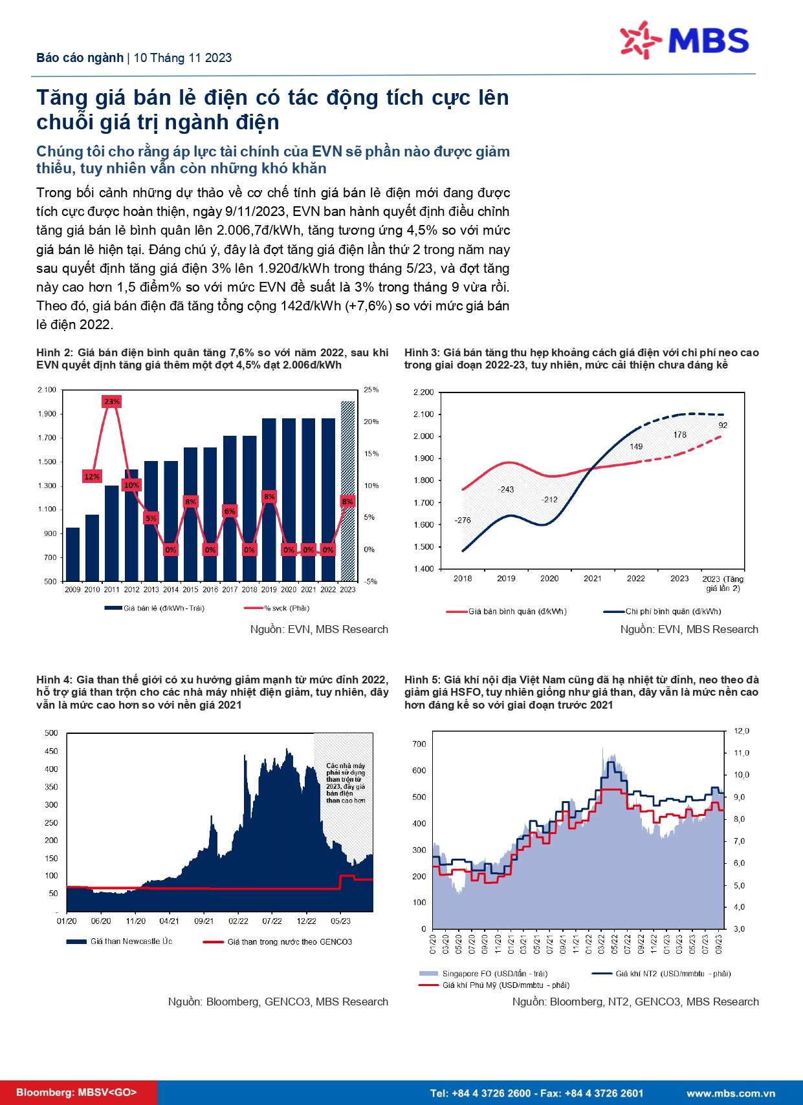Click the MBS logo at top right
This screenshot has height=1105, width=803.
pyautogui.click(x=684, y=40)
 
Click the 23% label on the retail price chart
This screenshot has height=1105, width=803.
pyautogui.click(x=112, y=402)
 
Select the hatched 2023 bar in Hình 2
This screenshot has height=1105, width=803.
pyautogui.click(x=348, y=491)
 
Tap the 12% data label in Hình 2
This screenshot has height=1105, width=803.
pyautogui.click(x=92, y=477)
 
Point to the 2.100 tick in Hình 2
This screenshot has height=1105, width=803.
pyautogui.click(x=47, y=390)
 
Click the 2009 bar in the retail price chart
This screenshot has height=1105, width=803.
pyautogui.click(x=72, y=554)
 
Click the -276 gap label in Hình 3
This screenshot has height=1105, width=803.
pyautogui.click(x=463, y=520)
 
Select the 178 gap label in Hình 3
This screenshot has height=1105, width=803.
pyautogui.click(x=679, y=434)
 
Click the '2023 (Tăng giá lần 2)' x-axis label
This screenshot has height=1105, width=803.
pyautogui.click(x=723, y=583)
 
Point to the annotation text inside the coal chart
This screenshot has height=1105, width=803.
pyautogui.click(x=346, y=783)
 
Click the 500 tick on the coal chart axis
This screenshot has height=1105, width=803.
pyautogui.click(x=51, y=733)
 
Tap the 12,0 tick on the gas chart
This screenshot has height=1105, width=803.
pyautogui.click(x=741, y=731)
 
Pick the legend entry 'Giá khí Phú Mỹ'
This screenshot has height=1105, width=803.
pyautogui.click(x=505, y=985)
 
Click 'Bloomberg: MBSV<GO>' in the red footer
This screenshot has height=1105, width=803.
pyautogui.click(x=76, y=1093)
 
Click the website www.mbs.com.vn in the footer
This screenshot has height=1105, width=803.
pyautogui.click(x=731, y=1093)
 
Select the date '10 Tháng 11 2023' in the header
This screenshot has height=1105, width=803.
pyautogui.click(x=182, y=58)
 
